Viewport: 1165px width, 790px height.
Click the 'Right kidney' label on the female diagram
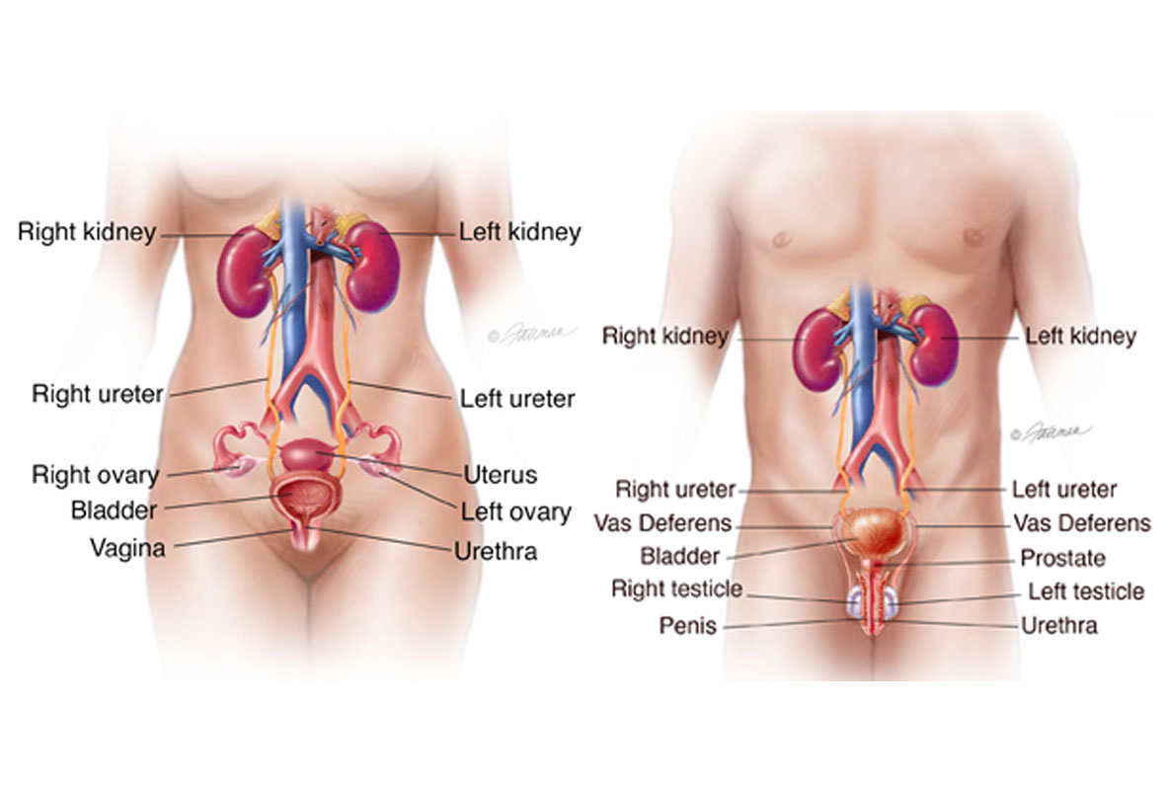[87, 233]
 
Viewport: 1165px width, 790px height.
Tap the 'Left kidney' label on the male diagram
[1080, 337]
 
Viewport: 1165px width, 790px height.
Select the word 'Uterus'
[501, 476]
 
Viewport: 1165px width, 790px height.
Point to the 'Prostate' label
[1062, 559]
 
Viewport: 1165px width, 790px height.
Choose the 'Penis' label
[688, 625]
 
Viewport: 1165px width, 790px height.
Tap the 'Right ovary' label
[95, 475]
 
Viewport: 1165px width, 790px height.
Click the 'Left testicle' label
[1086, 592]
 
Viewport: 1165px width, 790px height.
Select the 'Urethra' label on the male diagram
[1058, 624]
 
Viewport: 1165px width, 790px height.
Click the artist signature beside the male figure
[1050, 432]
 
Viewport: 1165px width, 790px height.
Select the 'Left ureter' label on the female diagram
[517, 399]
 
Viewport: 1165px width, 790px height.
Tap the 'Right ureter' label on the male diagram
[675, 489]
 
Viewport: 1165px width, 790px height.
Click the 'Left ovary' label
[515, 513]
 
